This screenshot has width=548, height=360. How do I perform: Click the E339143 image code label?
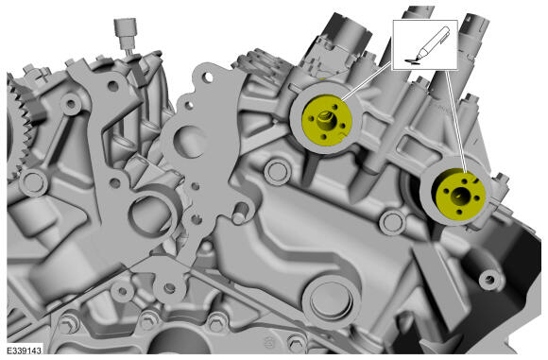[x=24, y=350]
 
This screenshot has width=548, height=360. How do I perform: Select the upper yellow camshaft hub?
[x=326, y=119]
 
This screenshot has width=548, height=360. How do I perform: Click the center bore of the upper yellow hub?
[x=327, y=121]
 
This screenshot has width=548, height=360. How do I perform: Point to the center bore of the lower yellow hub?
[x=459, y=197]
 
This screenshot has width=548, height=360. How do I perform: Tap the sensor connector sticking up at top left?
[x=126, y=34]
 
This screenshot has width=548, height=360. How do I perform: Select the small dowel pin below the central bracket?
[x=239, y=214]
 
